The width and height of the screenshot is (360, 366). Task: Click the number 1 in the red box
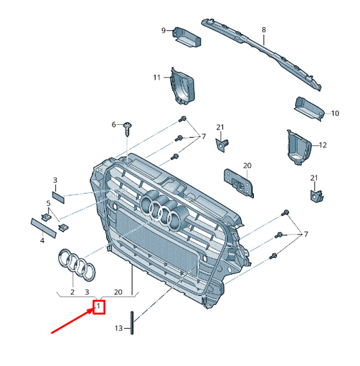coord(99,305)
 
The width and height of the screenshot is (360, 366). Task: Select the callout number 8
coord(263,30)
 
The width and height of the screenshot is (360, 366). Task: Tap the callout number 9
coord(163,30)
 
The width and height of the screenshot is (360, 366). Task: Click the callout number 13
coord(119,328)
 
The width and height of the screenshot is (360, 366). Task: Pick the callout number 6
coord(113,125)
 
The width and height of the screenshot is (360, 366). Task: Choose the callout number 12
coord(323,145)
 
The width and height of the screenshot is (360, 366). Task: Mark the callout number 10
coord(335,113)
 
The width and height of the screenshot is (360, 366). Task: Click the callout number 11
coord(157,77)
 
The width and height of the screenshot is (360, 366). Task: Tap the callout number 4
coord(43,240)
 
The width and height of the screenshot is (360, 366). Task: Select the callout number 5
coord(49,203)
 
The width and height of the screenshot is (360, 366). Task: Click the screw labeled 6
coord(128,129)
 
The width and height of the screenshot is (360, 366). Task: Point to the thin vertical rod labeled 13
coord(132,323)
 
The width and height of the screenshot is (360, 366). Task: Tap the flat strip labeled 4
coord(44,228)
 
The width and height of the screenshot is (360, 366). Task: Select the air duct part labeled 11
coord(183,86)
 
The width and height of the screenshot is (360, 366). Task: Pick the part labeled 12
coord(299,147)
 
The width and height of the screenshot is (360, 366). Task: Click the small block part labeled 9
coord(186,37)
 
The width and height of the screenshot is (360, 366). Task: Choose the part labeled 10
coord(309,109)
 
